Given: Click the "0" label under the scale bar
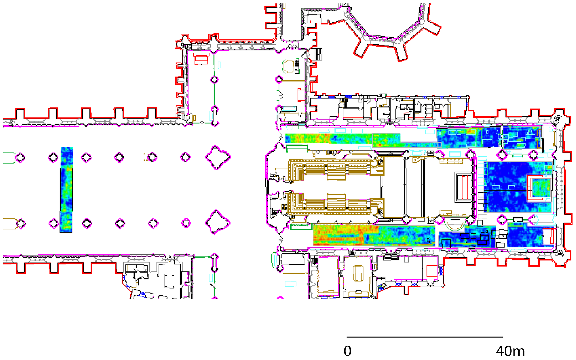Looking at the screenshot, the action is (347, 351).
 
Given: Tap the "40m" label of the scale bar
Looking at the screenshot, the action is (510, 351).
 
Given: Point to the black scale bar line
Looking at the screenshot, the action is (425, 337).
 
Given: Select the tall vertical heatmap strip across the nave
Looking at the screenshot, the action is (66, 189).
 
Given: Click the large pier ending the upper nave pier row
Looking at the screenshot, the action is (217, 157).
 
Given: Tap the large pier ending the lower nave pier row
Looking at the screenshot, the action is (217, 222).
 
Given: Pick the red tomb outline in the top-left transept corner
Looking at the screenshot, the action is (201, 59).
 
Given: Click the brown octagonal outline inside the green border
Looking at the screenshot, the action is (290, 66).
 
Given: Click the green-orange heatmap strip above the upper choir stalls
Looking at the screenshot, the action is (328, 138).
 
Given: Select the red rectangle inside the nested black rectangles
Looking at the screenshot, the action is (465, 187).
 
